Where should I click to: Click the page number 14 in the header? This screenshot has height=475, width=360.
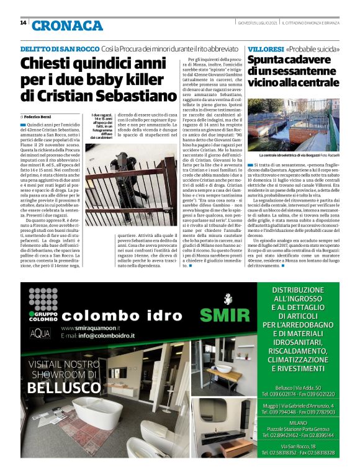[x=23, y=23]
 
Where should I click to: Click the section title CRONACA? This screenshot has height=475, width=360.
[x=67, y=25]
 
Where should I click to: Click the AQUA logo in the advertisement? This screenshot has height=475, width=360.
[x=41, y=332]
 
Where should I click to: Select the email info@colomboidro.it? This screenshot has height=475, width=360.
[x=102, y=336]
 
